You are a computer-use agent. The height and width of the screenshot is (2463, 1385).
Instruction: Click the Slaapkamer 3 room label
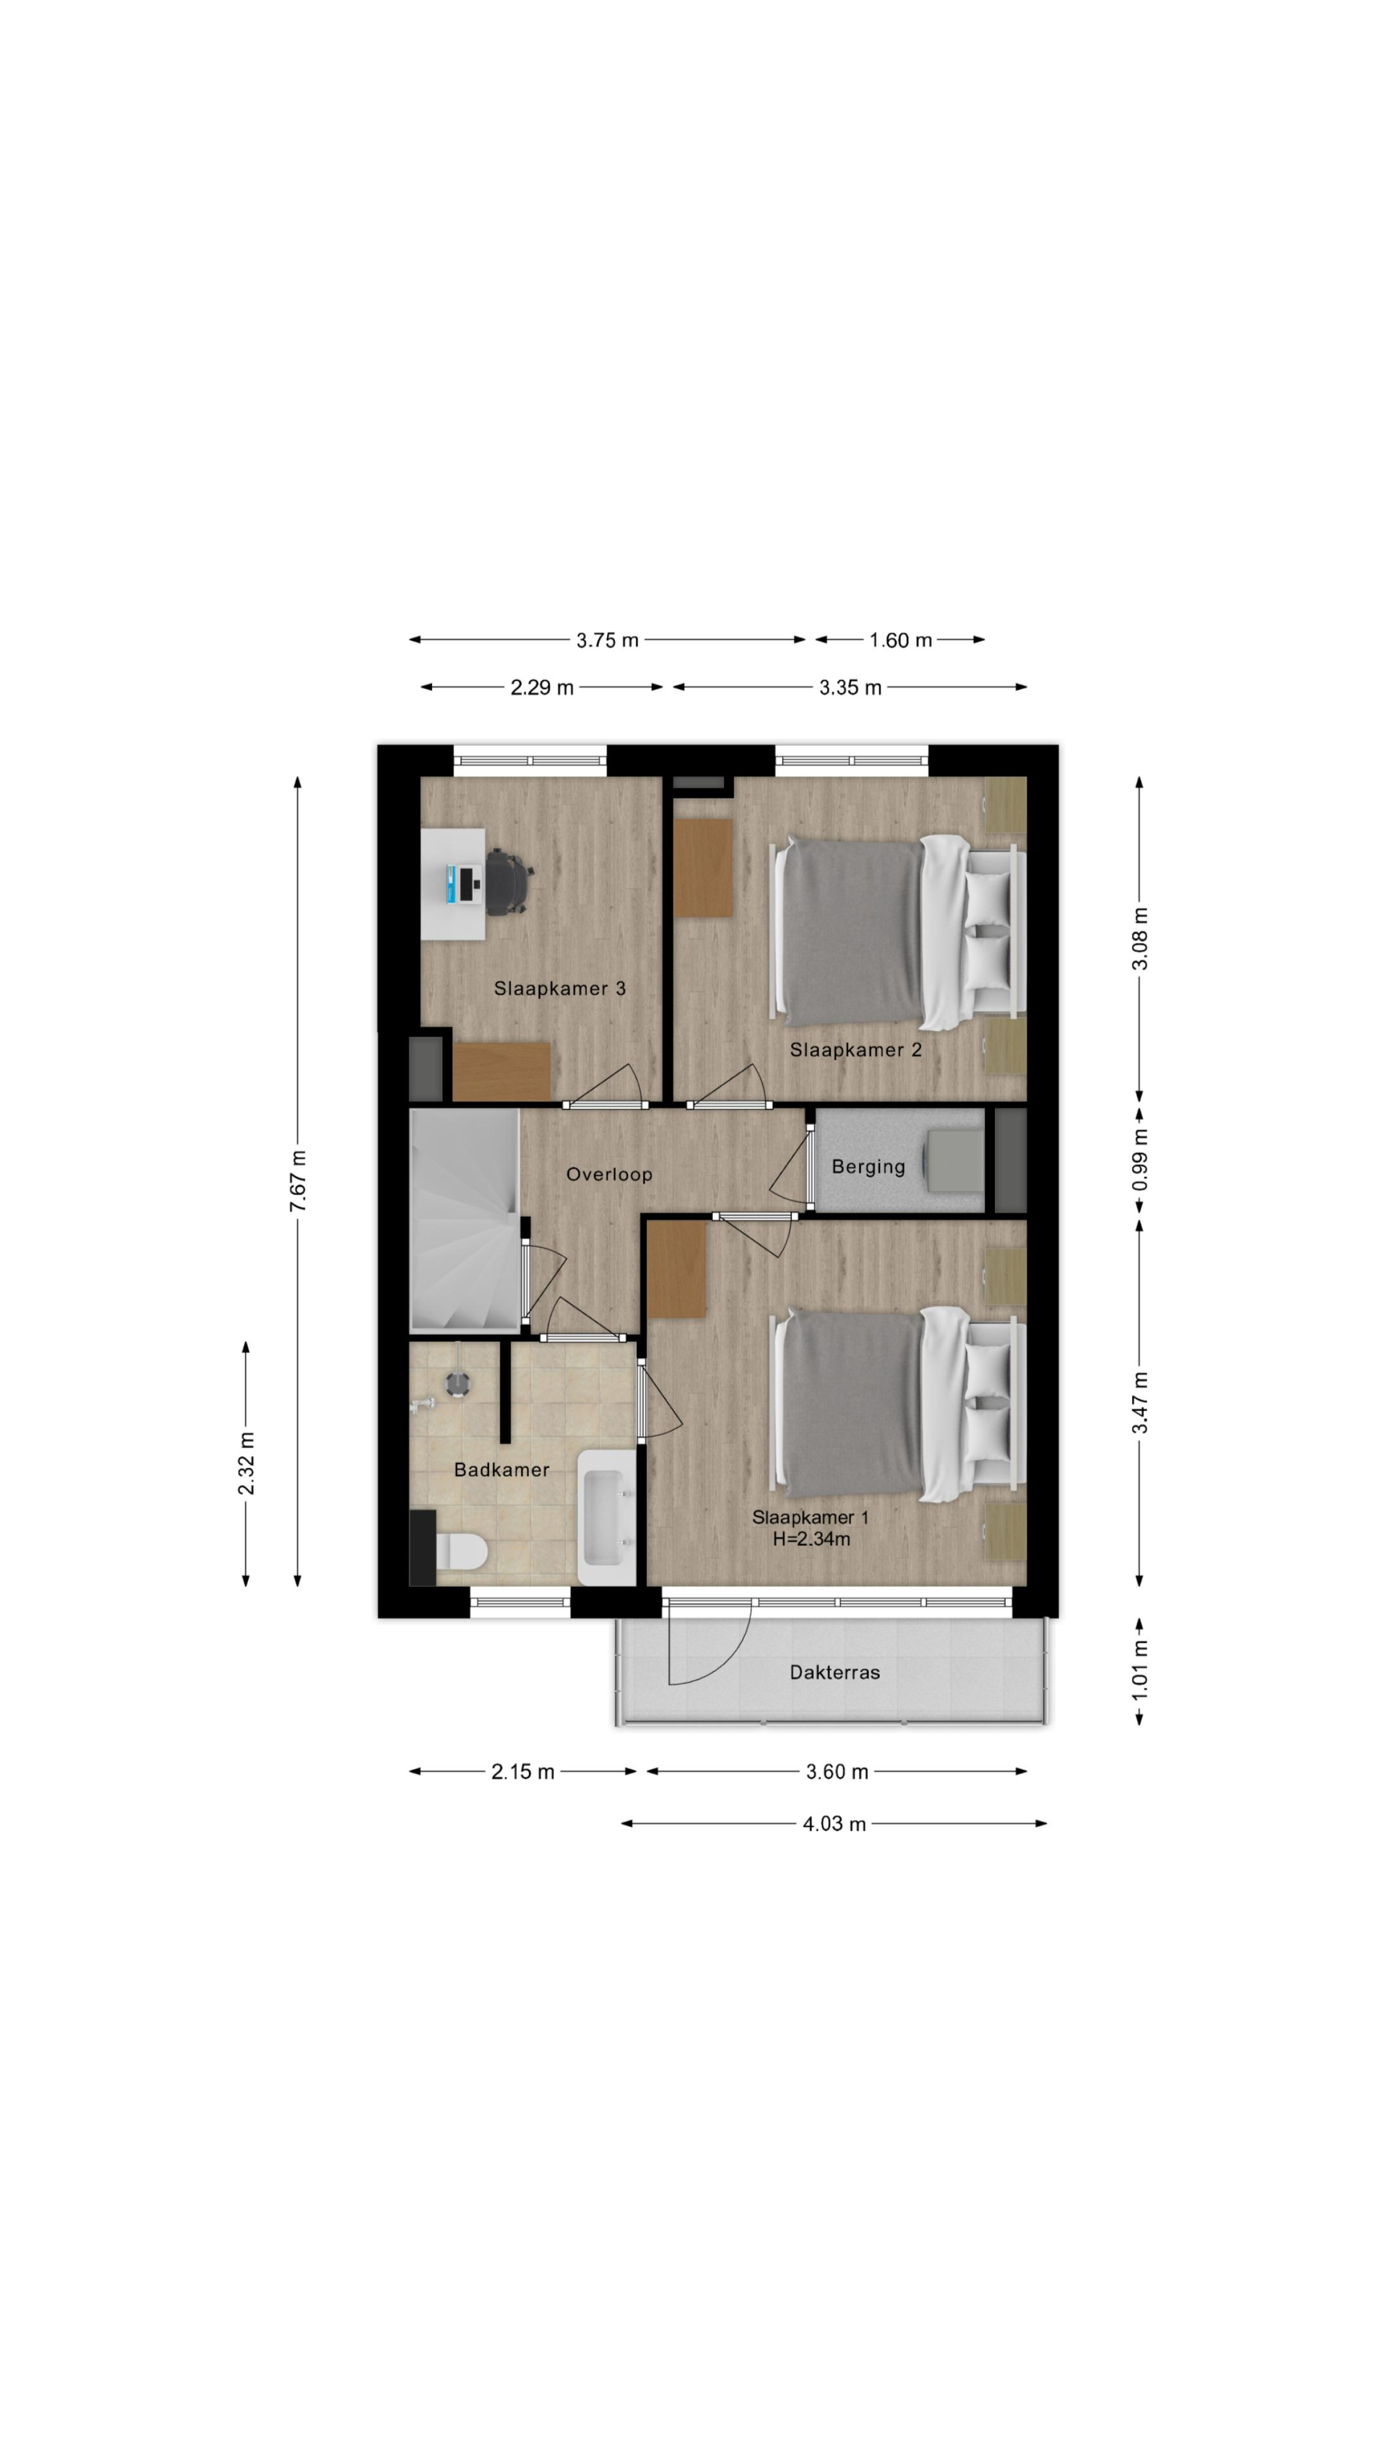pyautogui.click(x=559, y=989)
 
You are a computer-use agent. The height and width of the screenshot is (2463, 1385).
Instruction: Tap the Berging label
pyautogui.click(x=868, y=1167)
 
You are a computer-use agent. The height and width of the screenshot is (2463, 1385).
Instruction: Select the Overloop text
pyautogui.click(x=609, y=1174)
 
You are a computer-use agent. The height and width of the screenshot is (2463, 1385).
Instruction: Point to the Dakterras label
pyautogui.click(x=834, y=1672)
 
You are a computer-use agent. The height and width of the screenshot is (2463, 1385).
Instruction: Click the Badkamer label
pyautogui.click(x=502, y=1470)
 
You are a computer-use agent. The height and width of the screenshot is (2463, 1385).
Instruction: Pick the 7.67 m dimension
pyautogui.click(x=298, y=1181)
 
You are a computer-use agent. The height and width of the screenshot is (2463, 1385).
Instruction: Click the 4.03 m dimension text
pyautogui.click(x=833, y=1823)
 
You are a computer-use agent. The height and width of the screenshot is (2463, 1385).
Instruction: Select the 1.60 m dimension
pyautogui.click(x=900, y=640)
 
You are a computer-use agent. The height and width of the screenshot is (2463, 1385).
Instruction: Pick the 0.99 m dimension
pyautogui.click(x=1140, y=1160)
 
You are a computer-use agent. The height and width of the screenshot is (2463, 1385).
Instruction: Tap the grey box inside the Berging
pyautogui.click(x=954, y=1160)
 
